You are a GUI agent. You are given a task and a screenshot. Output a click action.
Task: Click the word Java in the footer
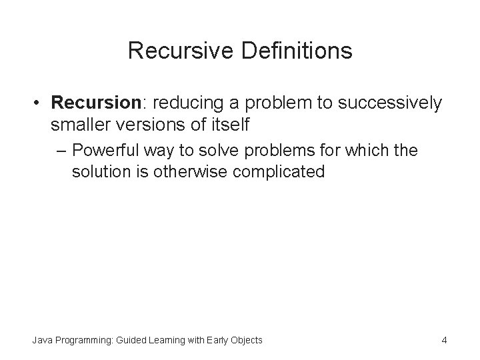42,341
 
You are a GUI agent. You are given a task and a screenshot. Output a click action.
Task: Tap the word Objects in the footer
247,341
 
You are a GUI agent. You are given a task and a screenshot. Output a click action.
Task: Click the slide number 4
444,341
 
